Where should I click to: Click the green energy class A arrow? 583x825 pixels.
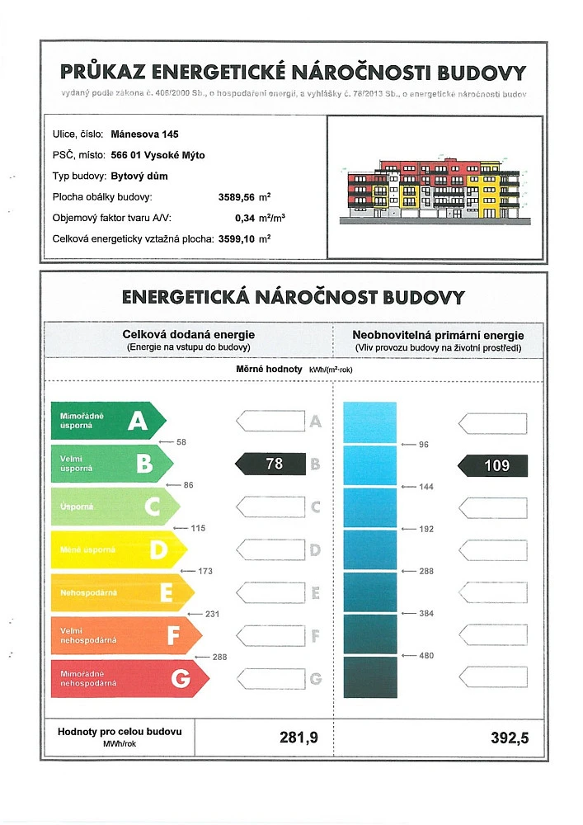(107, 422)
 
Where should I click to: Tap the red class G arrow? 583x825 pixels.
(128, 677)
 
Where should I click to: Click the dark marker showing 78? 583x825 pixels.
(272, 464)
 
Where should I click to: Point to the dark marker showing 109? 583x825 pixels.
(493, 464)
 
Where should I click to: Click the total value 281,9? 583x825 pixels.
(299, 738)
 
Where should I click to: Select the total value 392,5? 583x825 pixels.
(509, 738)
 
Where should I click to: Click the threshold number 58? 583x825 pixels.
(181, 442)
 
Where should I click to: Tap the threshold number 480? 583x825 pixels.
(426, 656)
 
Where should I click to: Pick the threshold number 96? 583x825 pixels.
(424, 445)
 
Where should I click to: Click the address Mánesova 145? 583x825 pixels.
(144, 134)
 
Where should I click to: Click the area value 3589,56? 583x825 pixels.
(237, 197)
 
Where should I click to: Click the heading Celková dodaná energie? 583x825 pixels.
(189, 335)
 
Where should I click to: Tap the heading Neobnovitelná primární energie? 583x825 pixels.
(437, 335)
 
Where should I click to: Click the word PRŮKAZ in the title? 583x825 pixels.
(108, 73)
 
